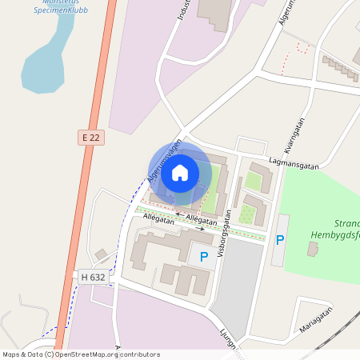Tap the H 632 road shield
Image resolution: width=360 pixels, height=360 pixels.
pos(93,277)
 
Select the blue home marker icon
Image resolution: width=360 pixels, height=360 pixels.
pos(180,172)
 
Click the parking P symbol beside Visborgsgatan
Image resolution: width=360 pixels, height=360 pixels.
pos(204,256)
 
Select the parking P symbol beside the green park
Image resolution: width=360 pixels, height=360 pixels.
pos(280,239)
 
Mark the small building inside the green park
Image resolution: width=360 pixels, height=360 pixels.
pos(313,250)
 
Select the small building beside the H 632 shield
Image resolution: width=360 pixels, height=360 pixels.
pos(102,254)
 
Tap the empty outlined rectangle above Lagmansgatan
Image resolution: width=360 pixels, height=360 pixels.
pos(251,146)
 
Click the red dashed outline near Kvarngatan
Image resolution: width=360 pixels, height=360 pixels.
pos(302,47)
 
